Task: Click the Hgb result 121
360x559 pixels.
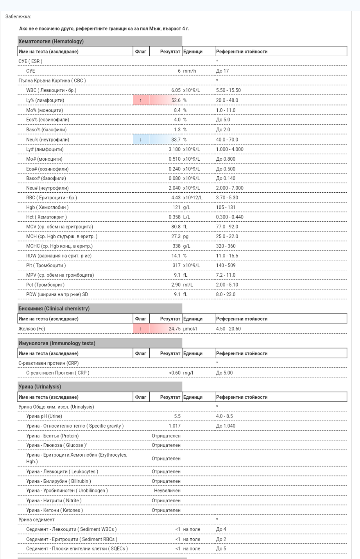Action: pos(177,207)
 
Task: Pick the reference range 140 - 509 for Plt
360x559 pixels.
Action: pos(227,265)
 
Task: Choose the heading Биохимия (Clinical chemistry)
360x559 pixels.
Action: pos(54,309)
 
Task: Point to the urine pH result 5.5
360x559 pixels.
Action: pos(177,416)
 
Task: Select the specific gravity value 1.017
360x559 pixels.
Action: pos(174,426)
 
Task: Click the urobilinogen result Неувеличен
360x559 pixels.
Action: pos(167,490)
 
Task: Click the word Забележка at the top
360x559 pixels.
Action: pos(18,16)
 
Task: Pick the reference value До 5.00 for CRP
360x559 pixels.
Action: pos(224,373)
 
